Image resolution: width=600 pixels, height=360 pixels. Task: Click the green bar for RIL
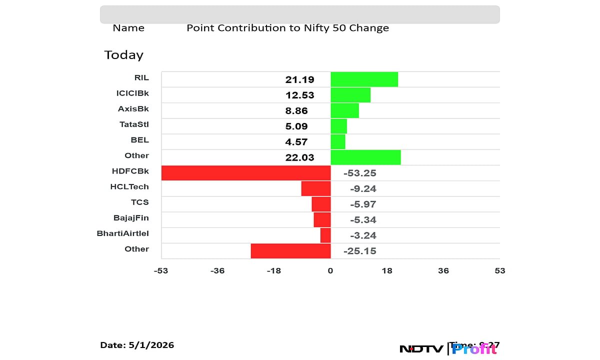(364, 79)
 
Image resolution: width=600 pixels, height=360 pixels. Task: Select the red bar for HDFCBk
(246, 173)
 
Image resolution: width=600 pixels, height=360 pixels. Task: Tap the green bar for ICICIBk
(350, 95)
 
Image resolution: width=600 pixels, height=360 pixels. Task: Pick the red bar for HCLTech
(316, 188)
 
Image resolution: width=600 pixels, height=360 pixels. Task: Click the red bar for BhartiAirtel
(325, 235)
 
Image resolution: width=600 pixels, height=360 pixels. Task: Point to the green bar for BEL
(338, 141)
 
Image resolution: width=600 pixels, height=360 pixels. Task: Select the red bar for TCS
(321, 204)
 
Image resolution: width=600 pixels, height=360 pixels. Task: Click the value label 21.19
(299, 79)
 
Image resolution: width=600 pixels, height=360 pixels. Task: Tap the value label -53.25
(359, 173)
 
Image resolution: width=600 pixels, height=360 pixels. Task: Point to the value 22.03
(299, 157)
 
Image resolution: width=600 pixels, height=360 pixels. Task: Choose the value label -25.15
(359, 251)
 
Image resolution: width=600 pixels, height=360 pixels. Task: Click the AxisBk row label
(133, 108)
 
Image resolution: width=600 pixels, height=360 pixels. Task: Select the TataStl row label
(133, 124)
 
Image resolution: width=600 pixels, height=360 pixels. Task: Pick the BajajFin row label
(131, 217)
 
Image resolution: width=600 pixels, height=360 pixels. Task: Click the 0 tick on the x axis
(330, 271)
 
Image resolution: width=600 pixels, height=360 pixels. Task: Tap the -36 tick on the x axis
(217, 271)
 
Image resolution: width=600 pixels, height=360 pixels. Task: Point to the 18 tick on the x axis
(387, 271)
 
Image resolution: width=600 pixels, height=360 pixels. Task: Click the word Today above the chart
(123, 55)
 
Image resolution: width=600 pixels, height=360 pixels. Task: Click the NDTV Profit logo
(448, 348)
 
